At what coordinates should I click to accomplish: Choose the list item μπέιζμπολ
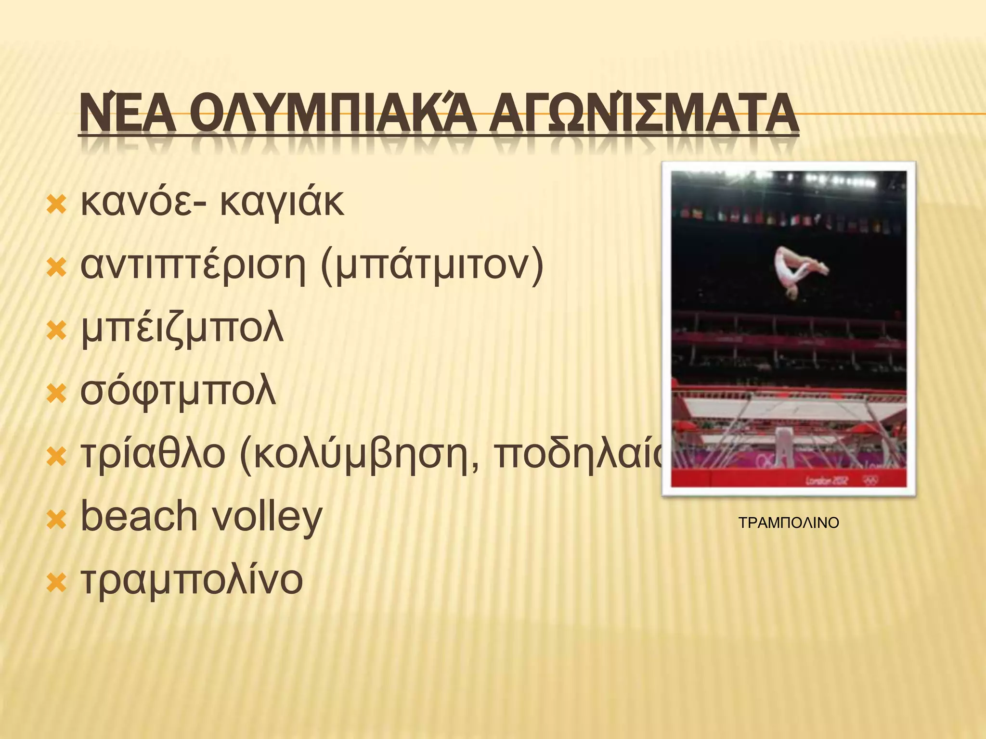tap(182, 330)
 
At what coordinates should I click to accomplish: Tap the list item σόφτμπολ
tap(178, 392)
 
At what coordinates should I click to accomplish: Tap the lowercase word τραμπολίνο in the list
tap(192, 580)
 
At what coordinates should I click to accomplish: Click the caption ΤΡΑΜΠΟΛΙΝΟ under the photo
tap(789, 523)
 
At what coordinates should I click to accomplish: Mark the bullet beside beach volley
tap(56, 520)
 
